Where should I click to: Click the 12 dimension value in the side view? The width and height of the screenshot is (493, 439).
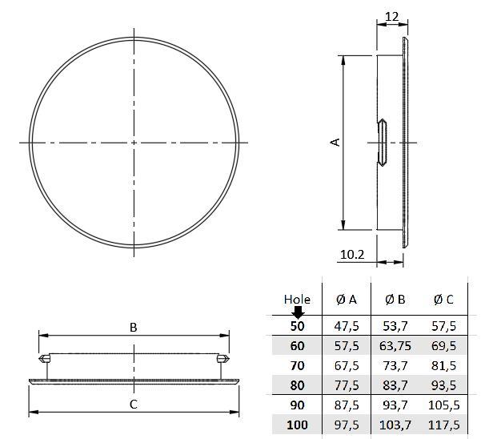[x=391, y=15]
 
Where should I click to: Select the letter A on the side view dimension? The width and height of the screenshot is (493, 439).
[x=335, y=142]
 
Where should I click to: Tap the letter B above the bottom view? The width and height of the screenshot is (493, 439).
[x=134, y=327]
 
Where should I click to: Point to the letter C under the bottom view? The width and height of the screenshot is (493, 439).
[x=134, y=404]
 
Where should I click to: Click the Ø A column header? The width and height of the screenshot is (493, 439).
[x=347, y=300]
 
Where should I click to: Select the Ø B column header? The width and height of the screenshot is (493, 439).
[x=395, y=300]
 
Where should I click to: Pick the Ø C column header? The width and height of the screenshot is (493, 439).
[x=443, y=300]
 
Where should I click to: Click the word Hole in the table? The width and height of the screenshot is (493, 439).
[x=297, y=299]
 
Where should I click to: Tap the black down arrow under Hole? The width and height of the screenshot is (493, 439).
[x=297, y=312]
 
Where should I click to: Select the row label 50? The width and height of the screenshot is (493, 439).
[x=297, y=326]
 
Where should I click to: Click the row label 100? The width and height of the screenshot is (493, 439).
[x=297, y=423]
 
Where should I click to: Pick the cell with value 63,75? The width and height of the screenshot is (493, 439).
[x=395, y=345]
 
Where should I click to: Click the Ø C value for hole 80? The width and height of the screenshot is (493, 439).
[x=443, y=385]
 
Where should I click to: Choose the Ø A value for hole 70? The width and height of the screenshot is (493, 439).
[x=347, y=365]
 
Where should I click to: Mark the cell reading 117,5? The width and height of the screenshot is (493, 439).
[x=443, y=423]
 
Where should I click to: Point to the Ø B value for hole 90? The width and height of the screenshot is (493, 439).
[x=395, y=404]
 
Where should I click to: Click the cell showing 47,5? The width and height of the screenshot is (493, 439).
[x=347, y=326]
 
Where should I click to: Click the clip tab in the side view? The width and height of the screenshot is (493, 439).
[x=383, y=143]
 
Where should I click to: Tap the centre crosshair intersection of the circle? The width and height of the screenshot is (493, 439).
[x=134, y=143]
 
